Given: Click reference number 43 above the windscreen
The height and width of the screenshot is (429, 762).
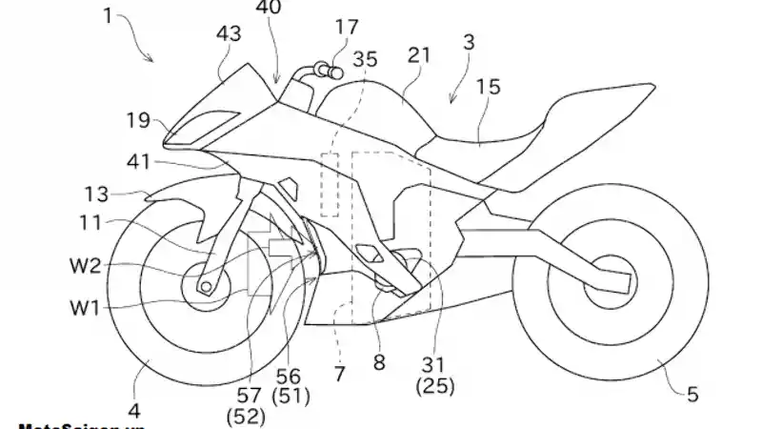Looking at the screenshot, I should point(229,34).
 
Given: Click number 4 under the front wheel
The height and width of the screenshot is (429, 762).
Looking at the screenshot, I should point(134,412).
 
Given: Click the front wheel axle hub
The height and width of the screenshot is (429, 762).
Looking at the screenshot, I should point(205,284).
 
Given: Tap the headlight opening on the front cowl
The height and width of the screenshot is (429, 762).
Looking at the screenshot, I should point(211,121).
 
